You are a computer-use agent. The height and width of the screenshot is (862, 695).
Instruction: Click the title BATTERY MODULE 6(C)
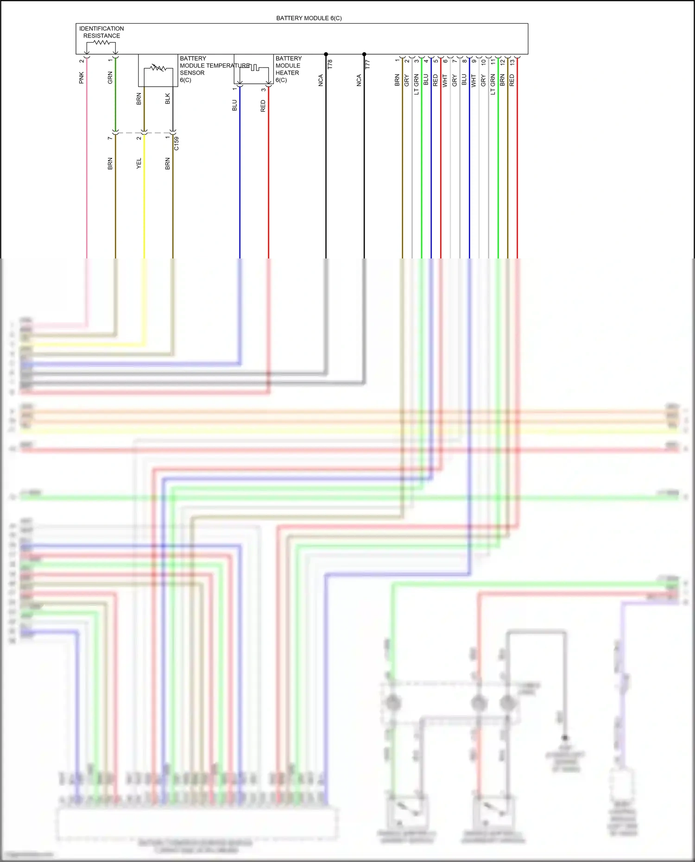(309, 18)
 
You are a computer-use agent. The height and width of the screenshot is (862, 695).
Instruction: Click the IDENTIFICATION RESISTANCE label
(101, 32)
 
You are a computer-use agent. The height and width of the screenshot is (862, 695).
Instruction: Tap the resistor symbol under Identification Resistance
(101, 43)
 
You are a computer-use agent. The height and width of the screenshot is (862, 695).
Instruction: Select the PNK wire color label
(82, 78)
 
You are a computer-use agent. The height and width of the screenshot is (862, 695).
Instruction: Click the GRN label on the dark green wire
(110, 78)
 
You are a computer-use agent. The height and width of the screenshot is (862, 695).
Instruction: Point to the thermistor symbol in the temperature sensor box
(158, 69)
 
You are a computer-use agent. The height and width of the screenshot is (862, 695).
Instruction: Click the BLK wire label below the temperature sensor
(168, 99)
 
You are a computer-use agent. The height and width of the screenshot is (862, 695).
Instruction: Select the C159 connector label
(177, 144)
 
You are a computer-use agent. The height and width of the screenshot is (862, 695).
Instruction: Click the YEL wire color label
(139, 164)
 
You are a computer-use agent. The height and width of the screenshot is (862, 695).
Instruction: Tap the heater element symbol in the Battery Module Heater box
(254, 69)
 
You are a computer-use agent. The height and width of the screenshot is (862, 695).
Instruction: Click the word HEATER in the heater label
(287, 73)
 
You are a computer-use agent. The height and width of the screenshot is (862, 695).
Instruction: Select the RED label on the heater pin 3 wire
(263, 106)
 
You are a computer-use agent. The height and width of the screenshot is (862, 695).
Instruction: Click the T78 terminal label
(330, 64)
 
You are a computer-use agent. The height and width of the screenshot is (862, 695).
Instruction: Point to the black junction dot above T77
(364, 54)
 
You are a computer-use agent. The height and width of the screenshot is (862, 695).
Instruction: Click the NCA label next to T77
(359, 81)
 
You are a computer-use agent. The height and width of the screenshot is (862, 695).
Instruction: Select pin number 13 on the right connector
(512, 62)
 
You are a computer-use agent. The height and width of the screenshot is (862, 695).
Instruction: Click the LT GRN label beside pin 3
(416, 84)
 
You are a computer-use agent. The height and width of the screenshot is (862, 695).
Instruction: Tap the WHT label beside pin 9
(474, 81)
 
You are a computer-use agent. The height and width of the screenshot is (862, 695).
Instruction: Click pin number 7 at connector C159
(110, 138)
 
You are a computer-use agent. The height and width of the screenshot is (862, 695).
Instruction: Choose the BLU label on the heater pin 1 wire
(234, 106)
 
